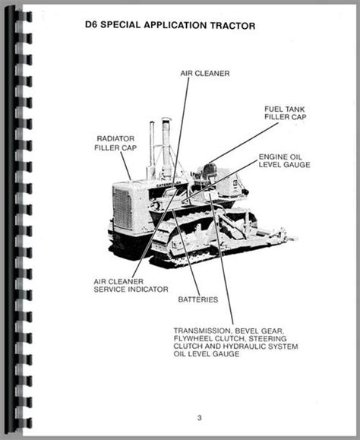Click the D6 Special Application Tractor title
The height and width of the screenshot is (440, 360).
click(x=170, y=25)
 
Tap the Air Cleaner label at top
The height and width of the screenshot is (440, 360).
click(x=205, y=74)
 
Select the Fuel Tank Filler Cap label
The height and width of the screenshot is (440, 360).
click(x=285, y=113)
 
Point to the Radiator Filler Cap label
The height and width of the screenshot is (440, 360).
click(x=115, y=143)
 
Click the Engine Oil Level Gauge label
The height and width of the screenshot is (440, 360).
click(x=284, y=161)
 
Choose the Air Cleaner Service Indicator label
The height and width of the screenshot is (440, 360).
click(x=131, y=286)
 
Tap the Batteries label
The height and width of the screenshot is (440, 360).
click(x=198, y=299)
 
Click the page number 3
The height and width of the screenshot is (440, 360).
click(x=199, y=418)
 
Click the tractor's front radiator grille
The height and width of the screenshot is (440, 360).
click(x=122, y=208)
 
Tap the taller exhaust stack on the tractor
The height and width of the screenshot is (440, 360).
click(x=166, y=149)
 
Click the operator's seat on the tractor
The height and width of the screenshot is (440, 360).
click(x=208, y=175)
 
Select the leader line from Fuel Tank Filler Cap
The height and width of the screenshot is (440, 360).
click(x=244, y=143)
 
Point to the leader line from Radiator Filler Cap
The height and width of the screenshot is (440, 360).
click(x=126, y=166)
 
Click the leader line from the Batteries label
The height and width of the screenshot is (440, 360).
click(x=186, y=252)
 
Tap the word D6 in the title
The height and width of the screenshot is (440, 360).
click(x=91, y=24)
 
